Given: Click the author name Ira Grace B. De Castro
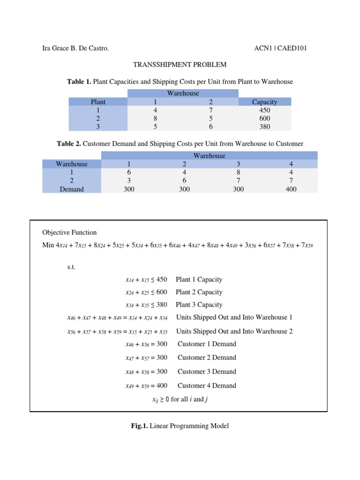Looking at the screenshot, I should pos(75,48).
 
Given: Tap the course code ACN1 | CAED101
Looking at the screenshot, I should pos(280,48).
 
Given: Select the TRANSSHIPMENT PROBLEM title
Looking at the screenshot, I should pos(180,65).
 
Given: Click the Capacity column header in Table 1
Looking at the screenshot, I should pos(264,102).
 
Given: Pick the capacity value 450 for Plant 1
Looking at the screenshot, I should pos(264,110).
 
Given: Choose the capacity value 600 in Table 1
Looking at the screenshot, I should pos(264,119).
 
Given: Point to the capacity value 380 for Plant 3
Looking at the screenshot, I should pos(264,127).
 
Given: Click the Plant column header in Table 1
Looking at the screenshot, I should pos(98,102).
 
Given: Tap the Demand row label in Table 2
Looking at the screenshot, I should pos(72,189).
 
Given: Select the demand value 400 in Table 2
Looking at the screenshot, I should pos(291,189).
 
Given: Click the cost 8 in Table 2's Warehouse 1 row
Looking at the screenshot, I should pos(238,172).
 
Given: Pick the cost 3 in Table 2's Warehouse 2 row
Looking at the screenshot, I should pos(129,181).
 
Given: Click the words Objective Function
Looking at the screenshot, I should pos(69,232).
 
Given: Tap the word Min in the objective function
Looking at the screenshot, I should pos(48,245).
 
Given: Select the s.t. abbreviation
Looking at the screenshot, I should pos(71,267).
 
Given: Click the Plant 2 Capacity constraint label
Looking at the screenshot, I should pos(199,292).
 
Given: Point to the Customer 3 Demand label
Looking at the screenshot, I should pos(207,372).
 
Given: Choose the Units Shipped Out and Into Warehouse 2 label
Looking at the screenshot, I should pos(234,331).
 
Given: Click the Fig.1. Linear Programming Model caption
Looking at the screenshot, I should pos(180,426).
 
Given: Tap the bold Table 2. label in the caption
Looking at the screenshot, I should pos(69,144).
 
